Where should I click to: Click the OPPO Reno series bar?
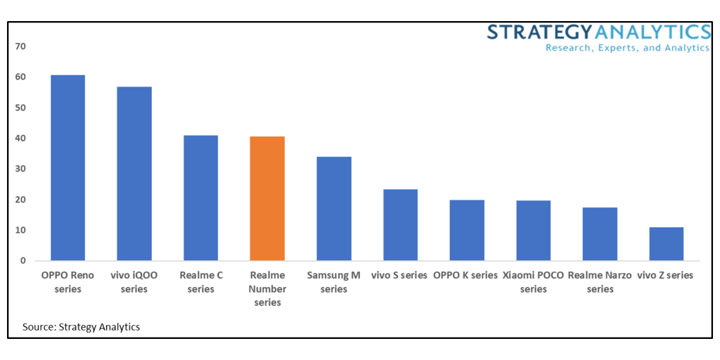(67, 168)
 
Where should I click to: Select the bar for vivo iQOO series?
(134, 174)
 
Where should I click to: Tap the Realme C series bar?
(200, 198)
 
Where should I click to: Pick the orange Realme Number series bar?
(267, 198)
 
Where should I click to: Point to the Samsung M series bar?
(334, 209)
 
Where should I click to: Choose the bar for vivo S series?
(400, 225)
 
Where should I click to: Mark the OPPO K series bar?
(467, 231)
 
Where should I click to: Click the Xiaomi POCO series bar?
(533, 231)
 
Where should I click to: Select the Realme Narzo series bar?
(600, 234)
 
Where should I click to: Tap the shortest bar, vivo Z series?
(666, 244)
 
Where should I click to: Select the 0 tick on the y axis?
(22, 261)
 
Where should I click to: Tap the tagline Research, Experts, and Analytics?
(628, 48)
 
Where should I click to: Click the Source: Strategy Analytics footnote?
(81, 327)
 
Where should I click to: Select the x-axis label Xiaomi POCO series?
(533, 282)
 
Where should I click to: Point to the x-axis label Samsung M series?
(334, 282)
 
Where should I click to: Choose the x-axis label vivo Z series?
(665, 276)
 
